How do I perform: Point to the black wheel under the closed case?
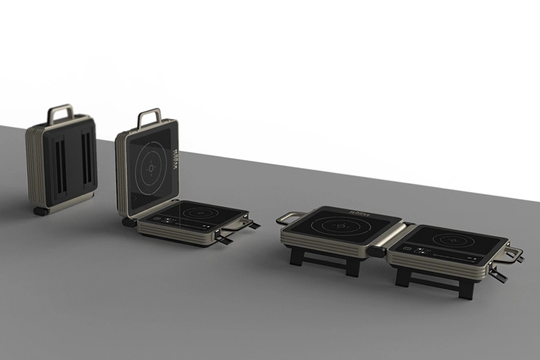[40, 211]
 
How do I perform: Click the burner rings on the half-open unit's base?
[201, 212]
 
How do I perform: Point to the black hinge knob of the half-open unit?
[126, 222]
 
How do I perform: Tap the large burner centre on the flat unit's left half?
[339, 226]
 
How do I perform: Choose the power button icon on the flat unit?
[408, 249]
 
